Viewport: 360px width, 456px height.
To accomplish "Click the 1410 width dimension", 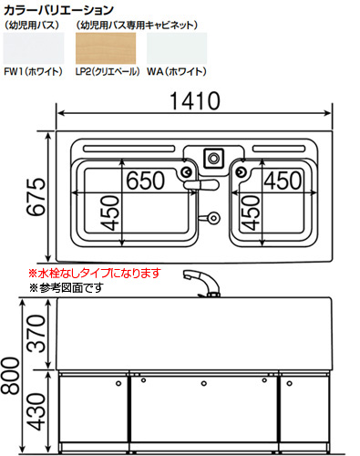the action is [195, 100].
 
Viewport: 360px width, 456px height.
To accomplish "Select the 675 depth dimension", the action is [36, 197].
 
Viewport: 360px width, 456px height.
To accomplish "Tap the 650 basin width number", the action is [145, 181].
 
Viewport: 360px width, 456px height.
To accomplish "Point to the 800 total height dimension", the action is [10, 376].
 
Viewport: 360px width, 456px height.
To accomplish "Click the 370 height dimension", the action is [36, 334].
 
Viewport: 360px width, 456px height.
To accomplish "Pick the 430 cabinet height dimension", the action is [36, 412].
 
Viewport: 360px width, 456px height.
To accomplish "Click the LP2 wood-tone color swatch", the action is [106, 48].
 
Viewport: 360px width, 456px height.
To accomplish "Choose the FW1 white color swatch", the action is [34, 48].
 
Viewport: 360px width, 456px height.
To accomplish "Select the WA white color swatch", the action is [177, 48].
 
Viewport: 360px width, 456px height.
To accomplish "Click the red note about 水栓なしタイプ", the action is [94, 273].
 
